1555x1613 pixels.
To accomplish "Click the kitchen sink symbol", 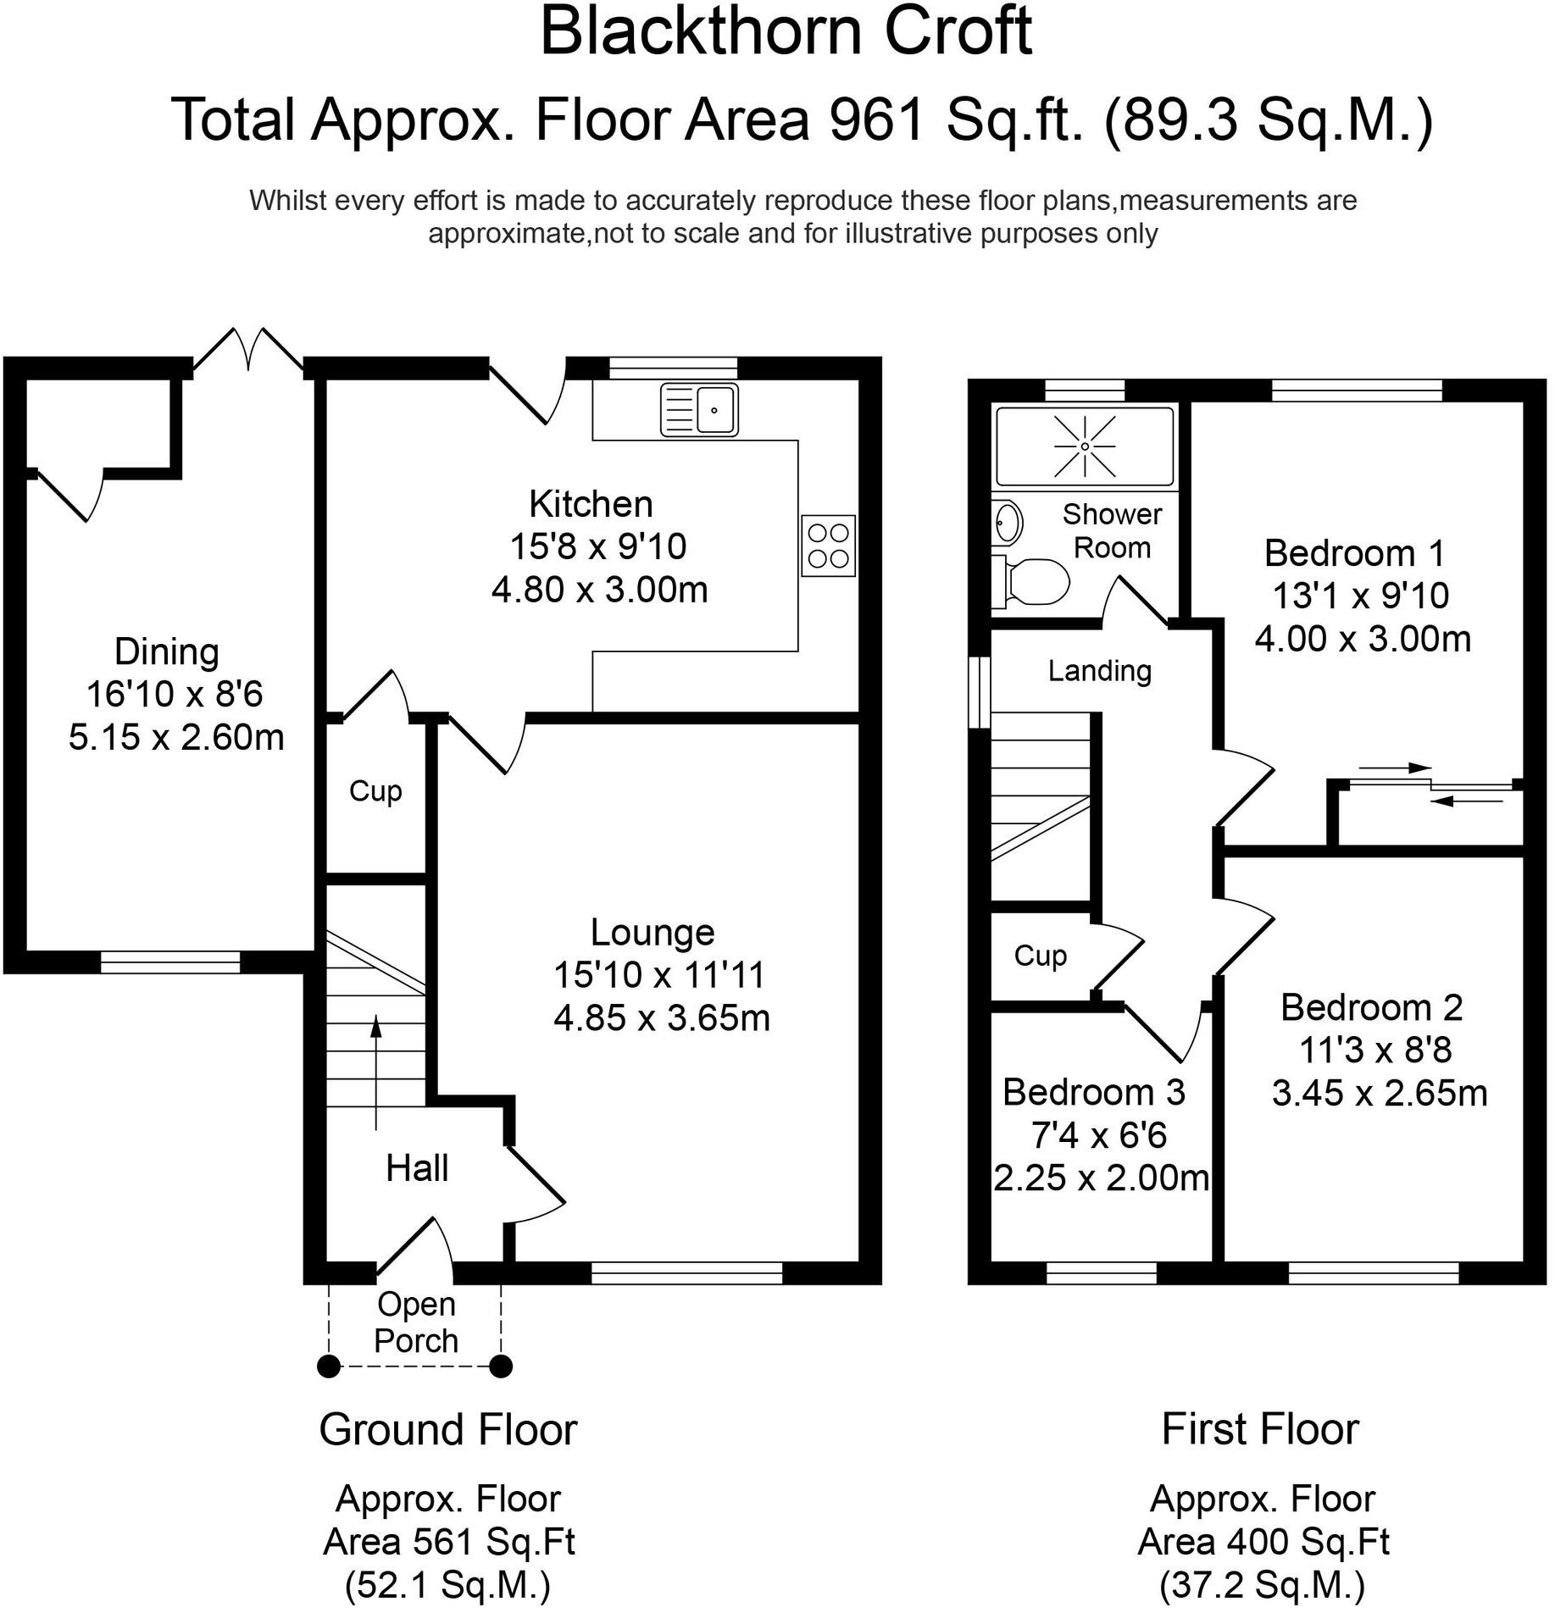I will click(x=699, y=410).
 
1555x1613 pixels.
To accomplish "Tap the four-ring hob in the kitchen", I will click(x=828, y=546).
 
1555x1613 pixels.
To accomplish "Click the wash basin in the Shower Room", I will click(x=1008, y=522).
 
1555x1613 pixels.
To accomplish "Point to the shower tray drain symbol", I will click(x=1085, y=446).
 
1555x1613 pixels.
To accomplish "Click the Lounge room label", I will click(x=653, y=933).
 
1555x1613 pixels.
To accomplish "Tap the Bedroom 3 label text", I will click(x=1093, y=1093).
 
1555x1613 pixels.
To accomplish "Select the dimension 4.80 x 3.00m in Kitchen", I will click(x=599, y=590).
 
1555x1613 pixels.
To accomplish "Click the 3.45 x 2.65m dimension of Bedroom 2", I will click(x=1379, y=1093).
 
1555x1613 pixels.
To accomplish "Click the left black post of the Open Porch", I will click(x=329, y=1366).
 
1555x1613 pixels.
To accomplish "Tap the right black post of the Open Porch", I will click(x=501, y=1366).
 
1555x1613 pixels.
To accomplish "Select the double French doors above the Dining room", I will click(x=248, y=349).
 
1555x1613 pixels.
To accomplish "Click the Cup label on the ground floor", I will click(x=375, y=791).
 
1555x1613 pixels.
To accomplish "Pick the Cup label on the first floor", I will click(x=1040, y=956).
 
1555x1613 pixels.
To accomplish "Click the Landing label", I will click(x=1099, y=671).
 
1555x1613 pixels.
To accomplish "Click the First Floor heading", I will click(x=1259, y=1430).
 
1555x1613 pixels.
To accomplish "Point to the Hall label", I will click(x=416, y=1169).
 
